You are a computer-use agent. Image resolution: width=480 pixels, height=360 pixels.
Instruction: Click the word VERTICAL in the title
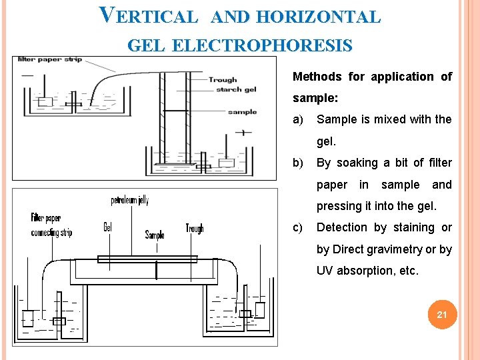coord(148,16)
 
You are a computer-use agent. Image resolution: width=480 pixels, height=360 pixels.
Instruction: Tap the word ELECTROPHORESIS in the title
coord(262,46)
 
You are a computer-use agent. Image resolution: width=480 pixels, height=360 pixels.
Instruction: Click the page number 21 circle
coord(441,314)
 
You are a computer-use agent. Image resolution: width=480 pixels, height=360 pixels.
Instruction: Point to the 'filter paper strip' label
coord(50,59)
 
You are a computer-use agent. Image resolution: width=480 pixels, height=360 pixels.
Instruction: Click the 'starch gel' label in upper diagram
coord(236,89)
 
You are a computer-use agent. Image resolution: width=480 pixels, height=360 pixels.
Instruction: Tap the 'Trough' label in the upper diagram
coord(222,80)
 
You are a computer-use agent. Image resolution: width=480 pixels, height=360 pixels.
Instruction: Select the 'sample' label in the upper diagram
coord(241,112)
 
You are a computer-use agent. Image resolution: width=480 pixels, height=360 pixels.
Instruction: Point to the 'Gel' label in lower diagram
coord(108,227)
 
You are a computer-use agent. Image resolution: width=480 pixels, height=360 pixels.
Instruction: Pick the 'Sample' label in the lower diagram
coord(155,235)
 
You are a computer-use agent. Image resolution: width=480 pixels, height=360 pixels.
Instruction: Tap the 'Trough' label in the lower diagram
coord(195,229)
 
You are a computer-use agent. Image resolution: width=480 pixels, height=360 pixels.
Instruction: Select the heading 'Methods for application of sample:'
coord(372,87)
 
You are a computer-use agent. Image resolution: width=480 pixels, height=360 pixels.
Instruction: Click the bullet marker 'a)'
coord(297,119)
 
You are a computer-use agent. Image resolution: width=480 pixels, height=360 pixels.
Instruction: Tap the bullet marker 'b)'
coord(297,163)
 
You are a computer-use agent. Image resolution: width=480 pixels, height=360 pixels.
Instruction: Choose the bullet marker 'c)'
coord(297,227)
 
